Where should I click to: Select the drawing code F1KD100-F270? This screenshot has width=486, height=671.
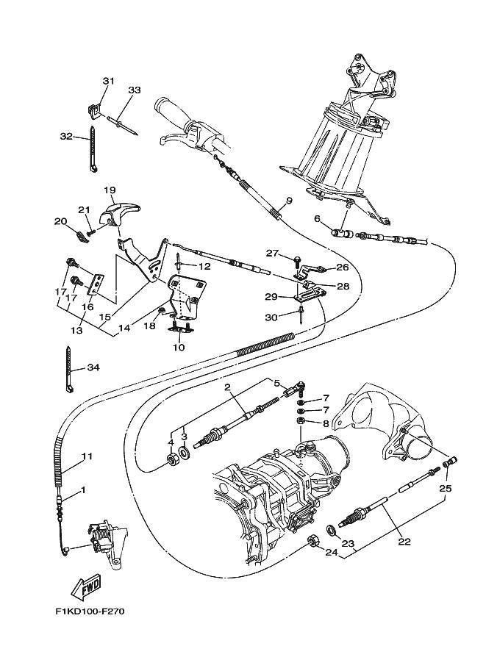pos(85,611)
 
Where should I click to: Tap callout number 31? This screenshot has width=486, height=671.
pos(108,80)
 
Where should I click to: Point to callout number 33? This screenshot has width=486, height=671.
pos(134,90)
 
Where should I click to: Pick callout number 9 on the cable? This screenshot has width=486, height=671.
pos(289,201)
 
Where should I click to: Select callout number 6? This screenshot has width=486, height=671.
pos(317,218)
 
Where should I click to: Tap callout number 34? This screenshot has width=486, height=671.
pos(93,367)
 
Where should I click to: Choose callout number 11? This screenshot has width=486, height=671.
pos(87,456)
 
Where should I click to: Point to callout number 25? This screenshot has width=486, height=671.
pos(446,488)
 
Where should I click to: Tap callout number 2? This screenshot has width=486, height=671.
pos(227,387)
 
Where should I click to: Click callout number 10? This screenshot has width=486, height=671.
pos(179,347)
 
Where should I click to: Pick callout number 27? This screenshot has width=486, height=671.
pos(273,253)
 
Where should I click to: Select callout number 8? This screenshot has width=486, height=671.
pos(326,423)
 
